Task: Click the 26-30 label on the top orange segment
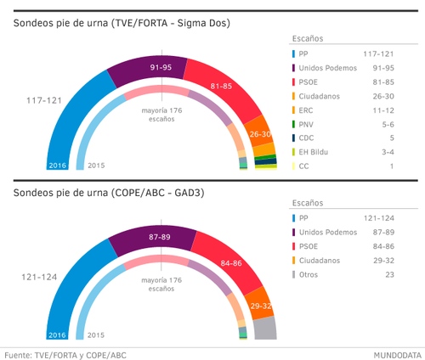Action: click(x=260, y=134)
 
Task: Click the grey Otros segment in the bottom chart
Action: click(x=266, y=329)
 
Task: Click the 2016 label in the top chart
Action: click(x=57, y=166)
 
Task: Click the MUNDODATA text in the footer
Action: click(x=395, y=353)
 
